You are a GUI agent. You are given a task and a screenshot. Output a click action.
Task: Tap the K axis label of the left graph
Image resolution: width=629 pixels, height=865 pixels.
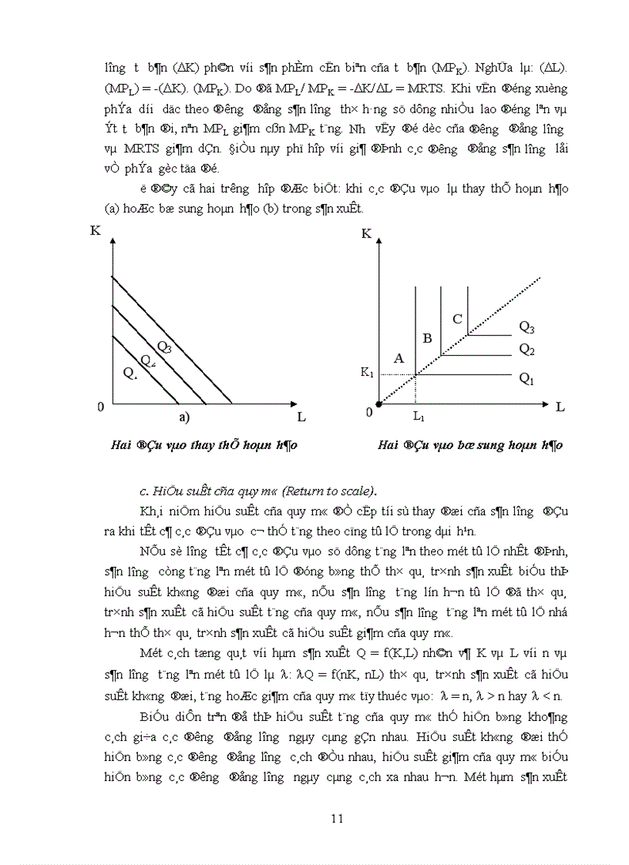95,230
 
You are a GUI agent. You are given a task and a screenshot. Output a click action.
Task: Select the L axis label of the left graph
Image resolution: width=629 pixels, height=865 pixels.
301,417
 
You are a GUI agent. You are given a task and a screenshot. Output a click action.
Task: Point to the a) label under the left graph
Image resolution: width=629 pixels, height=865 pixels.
184,417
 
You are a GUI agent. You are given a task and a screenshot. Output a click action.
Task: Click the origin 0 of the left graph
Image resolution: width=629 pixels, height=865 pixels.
100,406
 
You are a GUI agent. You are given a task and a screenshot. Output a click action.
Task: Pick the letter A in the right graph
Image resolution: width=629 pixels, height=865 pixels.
399,357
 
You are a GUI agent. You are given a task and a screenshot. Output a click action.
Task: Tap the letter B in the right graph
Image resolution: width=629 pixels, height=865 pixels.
428,337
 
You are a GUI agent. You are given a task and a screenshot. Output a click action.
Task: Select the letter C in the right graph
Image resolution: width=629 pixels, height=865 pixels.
457,319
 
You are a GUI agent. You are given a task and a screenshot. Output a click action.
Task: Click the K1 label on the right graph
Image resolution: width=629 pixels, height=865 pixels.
367,372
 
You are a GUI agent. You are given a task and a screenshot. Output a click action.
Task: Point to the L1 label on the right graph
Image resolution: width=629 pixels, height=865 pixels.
418,417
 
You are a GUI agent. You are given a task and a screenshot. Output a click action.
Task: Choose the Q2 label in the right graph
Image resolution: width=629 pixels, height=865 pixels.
526,350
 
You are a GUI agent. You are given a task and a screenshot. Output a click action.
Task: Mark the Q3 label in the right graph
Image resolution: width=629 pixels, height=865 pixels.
526,327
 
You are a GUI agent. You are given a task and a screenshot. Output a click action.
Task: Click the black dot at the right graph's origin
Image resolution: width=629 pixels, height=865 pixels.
378,403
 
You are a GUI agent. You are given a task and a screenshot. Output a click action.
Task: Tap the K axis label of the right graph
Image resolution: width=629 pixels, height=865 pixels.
366,233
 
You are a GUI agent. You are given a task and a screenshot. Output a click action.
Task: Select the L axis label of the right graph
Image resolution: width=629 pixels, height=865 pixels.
560,406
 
